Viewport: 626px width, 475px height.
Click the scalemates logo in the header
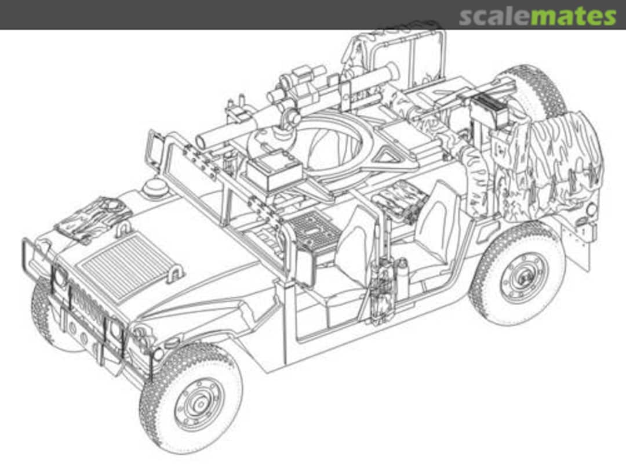click(x=537, y=16)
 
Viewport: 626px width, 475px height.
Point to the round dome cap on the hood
click(x=155, y=187)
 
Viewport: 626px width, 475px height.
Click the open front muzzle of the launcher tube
click(x=202, y=141)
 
